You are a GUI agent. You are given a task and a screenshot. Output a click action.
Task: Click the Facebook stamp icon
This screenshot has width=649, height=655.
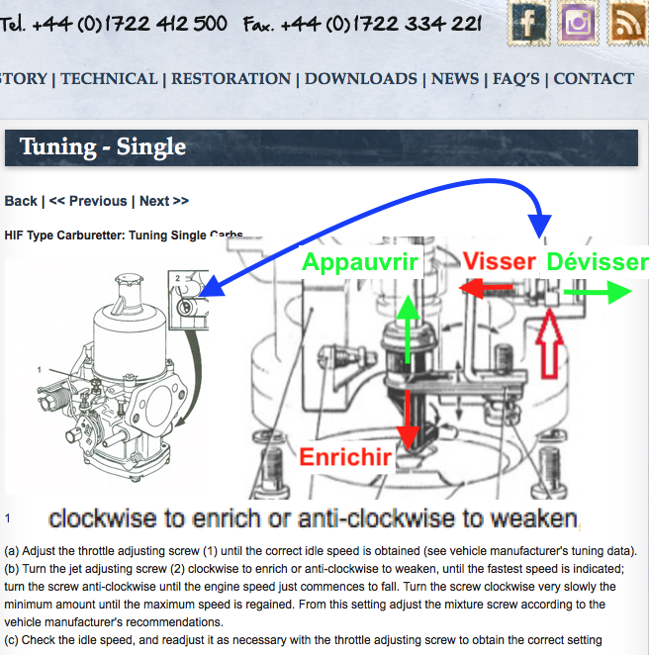click(x=528, y=23)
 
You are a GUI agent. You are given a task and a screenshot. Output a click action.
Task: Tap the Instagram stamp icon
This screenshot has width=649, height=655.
click(x=579, y=23)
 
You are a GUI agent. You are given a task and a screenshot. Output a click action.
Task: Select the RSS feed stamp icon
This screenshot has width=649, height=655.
click(x=627, y=23)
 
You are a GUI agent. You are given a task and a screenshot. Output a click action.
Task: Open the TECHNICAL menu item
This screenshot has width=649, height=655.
click(x=109, y=79)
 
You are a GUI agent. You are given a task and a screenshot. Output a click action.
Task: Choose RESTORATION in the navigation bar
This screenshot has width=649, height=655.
click(x=231, y=79)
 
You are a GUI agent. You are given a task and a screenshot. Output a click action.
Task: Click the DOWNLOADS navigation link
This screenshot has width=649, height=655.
click(x=361, y=79)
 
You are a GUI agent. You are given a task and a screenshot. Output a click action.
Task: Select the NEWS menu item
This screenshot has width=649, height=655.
click(x=455, y=79)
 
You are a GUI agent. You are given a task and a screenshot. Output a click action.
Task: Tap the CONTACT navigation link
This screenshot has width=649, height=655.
click(x=594, y=79)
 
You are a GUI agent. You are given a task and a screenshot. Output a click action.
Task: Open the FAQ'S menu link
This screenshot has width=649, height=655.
click(x=516, y=79)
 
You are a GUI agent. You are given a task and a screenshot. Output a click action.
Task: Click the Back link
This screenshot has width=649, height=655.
click(x=21, y=201)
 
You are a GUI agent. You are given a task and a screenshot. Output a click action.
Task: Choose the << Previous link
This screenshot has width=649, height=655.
click(x=88, y=201)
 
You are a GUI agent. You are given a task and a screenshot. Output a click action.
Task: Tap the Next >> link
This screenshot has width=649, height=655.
click(x=164, y=201)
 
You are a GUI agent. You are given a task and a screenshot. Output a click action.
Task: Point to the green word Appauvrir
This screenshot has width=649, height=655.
click(x=360, y=262)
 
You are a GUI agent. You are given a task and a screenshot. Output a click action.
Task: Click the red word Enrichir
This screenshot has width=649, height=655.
click(x=345, y=457)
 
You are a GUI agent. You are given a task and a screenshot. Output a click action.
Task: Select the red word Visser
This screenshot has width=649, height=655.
click(x=500, y=261)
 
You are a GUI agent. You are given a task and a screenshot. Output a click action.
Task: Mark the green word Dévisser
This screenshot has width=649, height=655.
click(x=598, y=262)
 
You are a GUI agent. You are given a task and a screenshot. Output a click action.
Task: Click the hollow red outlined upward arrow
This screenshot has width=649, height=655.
click(x=549, y=343)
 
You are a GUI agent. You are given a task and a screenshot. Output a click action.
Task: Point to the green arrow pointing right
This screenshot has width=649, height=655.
click(x=598, y=292)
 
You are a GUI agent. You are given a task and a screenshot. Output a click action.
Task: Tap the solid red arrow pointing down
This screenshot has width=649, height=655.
click(x=408, y=420)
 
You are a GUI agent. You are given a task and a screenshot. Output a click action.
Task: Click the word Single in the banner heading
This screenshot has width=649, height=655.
click(x=151, y=147)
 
